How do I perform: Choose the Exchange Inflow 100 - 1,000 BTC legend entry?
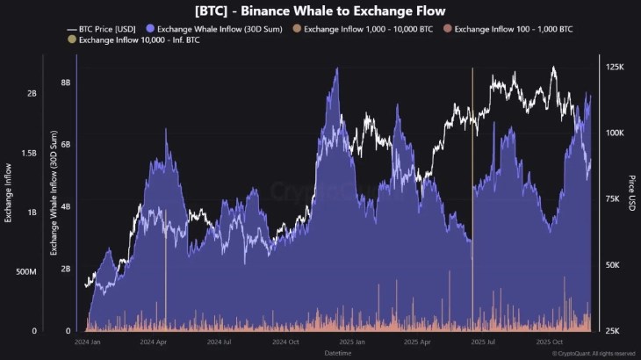[509, 28]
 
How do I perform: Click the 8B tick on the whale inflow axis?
[66, 83]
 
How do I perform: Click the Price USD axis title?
[631, 193]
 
